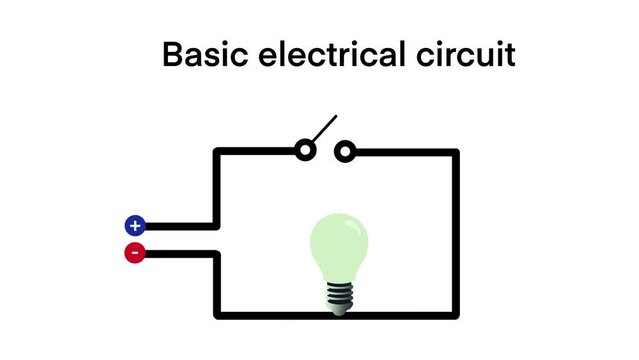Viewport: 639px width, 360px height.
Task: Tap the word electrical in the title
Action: [x=326, y=55]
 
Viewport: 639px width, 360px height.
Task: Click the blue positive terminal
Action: [x=134, y=226]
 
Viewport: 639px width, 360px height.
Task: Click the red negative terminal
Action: [x=134, y=253]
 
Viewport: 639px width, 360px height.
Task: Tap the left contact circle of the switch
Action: [x=305, y=152]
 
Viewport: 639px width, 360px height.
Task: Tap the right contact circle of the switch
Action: [x=344, y=152]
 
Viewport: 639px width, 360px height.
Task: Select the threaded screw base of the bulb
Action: [x=339, y=296]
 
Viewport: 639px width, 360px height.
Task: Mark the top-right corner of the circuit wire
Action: [x=456, y=153]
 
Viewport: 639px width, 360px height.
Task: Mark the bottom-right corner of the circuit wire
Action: [x=456, y=315]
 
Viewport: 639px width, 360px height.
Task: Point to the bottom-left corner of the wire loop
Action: [x=217, y=315]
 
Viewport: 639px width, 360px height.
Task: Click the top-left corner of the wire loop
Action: [x=217, y=153]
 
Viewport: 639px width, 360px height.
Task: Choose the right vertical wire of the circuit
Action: [x=456, y=235]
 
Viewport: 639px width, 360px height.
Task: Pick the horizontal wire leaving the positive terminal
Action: [x=180, y=227]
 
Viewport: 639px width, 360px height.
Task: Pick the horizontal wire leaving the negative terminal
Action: [x=180, y=253]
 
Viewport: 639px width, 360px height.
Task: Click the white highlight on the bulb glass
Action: [x=352, y=232]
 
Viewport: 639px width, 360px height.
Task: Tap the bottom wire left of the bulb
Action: [x=270, y=315]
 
